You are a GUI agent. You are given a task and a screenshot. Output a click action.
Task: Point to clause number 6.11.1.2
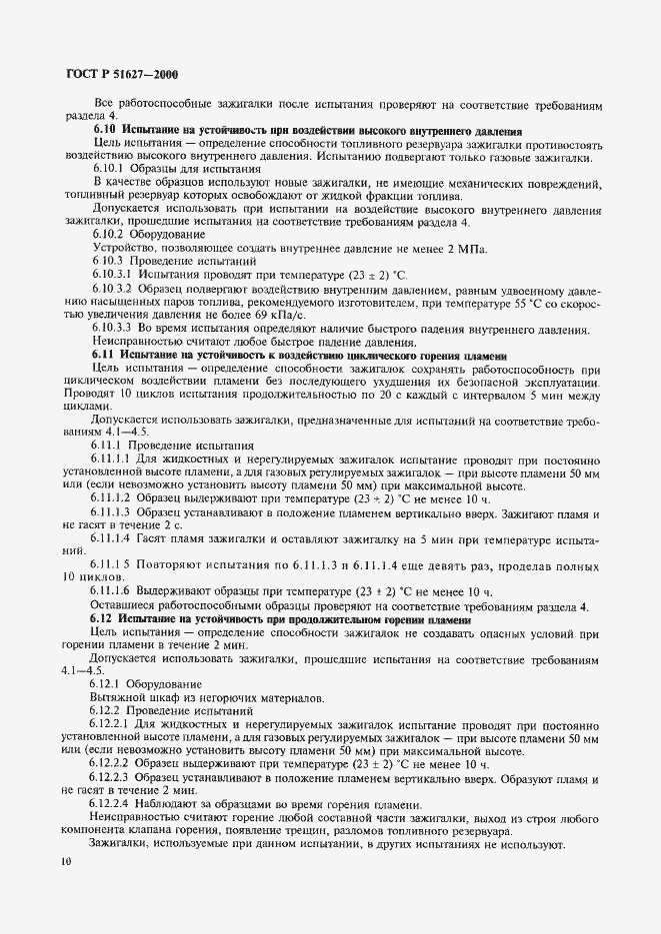113,497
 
